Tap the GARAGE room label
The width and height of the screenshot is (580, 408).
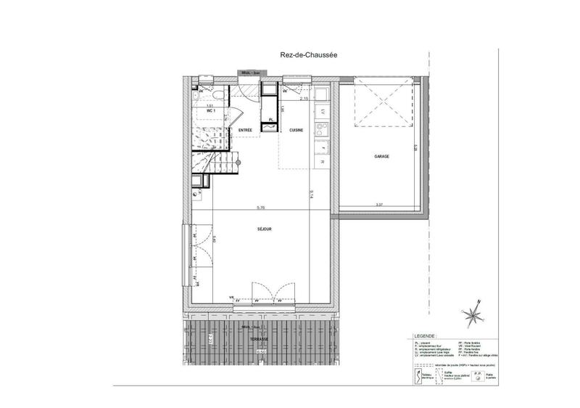tap(384, 157)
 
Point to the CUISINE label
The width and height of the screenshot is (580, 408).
tap(296, 130)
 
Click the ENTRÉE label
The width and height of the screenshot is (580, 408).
tap(246, 130)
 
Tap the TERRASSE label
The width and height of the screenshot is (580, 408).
tap(258, 339)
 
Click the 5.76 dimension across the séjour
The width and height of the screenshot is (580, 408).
tap(260, 209)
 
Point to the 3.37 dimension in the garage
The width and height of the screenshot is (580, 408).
tap(379, 205)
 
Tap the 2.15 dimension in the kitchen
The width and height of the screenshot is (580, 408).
tap(304, 98)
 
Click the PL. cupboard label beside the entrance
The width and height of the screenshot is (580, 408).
tap(271, 119)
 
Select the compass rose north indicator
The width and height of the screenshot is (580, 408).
tap(473, 315)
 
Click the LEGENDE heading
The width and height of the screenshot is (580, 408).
tap(424, 337)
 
